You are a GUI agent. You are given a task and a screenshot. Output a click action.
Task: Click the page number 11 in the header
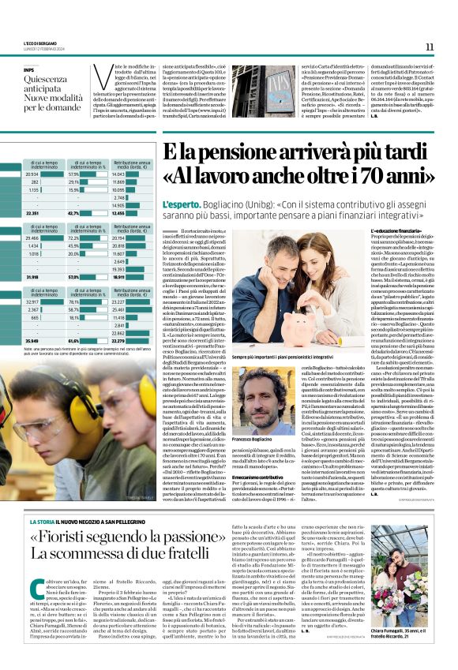click(x=430, y=47)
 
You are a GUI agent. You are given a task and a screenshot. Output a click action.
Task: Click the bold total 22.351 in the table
click(x=33, y=212)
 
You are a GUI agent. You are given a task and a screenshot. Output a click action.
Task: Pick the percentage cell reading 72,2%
click(x=77, y=238)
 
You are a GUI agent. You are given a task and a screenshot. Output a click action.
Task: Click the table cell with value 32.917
click(x=33, y=301)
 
